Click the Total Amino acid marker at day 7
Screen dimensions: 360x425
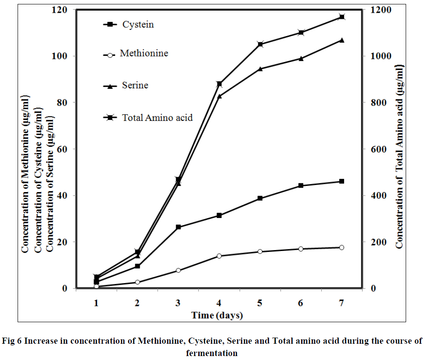pos(341,17)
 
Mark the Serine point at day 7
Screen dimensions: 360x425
pos(341,40)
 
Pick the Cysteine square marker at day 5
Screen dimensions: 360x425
pos(260,198)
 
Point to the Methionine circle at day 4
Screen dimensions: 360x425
pos(219,256)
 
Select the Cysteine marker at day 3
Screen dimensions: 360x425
pos(178,227)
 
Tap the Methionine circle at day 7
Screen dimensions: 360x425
pos(341,247)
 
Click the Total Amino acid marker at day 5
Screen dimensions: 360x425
pos(260,44)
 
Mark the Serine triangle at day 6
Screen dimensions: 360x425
pos(301,58)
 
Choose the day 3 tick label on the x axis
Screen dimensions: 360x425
pos(178,303)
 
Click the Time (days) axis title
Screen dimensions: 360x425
pos(217,315)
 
